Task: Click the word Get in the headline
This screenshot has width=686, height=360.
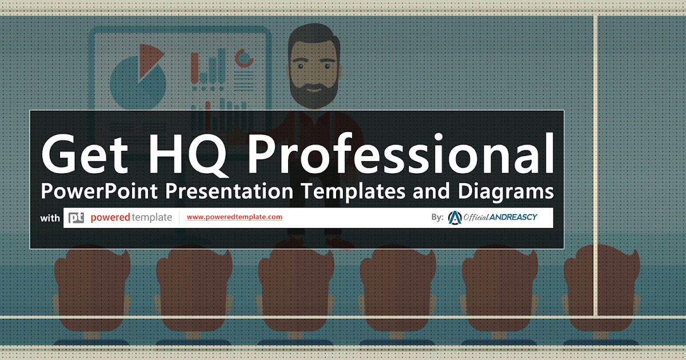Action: click(85, 153)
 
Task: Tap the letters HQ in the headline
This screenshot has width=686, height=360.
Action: click(188, 155)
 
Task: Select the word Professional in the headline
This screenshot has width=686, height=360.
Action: click(401, 153)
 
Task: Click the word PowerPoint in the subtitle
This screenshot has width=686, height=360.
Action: click(99, 191)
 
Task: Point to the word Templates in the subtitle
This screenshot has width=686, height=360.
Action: click(353, 191)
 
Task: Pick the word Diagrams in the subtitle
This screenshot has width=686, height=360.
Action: click(505, 191)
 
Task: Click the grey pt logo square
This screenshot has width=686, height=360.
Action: click(76, 218)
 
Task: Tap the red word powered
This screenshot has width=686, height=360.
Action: click(110, 218)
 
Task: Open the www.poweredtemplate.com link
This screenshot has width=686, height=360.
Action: click(234, 217)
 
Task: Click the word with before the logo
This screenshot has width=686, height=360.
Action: click(50, 218)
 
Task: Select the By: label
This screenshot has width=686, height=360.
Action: click(437, 217)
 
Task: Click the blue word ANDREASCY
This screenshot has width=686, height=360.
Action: click(513, 217)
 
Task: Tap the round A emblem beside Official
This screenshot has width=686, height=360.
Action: click(455, 218)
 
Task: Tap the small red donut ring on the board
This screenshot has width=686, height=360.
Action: click(244, 58)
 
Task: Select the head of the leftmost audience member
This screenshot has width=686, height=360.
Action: click(92, 287)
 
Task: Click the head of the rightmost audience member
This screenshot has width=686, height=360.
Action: click(601, 287)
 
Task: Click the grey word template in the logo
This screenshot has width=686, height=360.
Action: click(152, 218)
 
